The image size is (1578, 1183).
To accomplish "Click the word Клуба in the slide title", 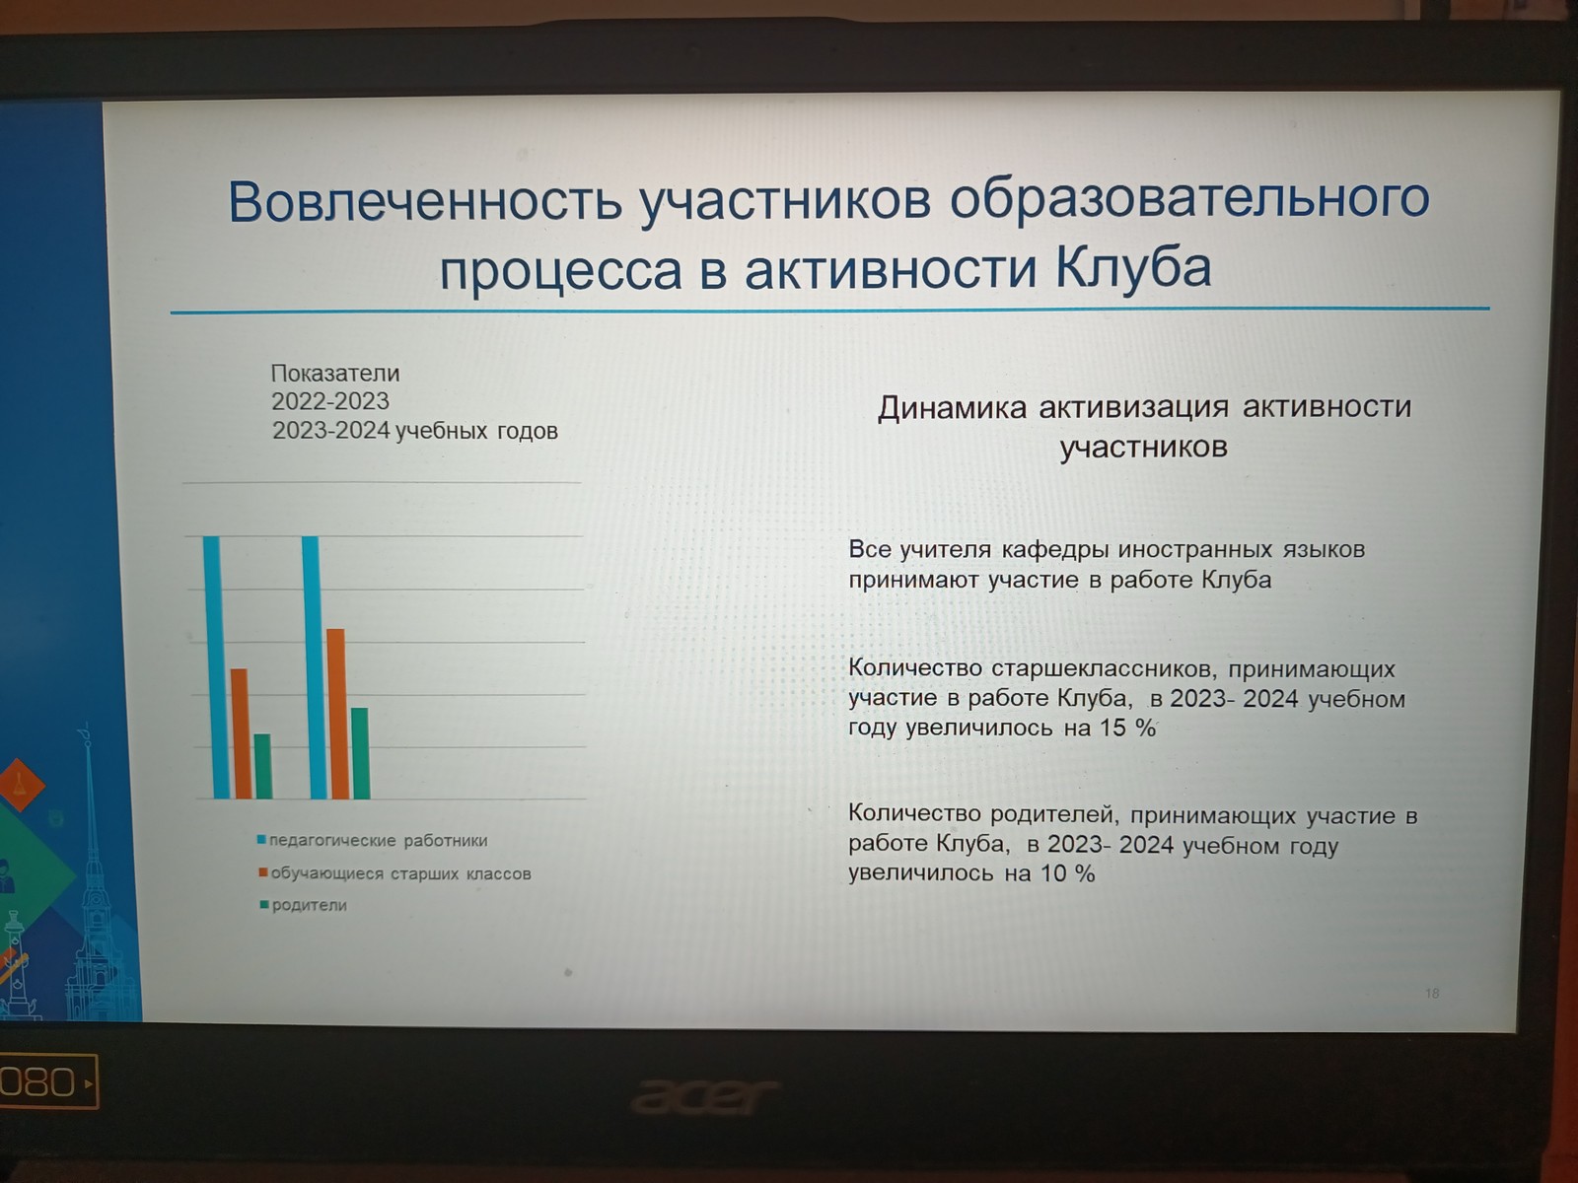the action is coord(1134,268).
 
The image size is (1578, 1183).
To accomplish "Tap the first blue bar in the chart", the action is coord(216,667).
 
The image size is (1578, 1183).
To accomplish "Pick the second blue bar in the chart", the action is coord(315,667).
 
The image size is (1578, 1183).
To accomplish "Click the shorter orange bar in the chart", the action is coord(241,734).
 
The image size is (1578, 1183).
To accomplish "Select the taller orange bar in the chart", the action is coord(337,714).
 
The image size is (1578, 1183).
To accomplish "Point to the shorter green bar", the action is coord(263,766).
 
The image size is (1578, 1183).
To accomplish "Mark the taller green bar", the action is coord(360,753).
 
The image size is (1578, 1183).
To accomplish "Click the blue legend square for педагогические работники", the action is coord(261,840).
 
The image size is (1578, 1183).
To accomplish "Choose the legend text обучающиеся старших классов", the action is coord(401,873).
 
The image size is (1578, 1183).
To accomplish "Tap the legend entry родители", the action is coord(309,905).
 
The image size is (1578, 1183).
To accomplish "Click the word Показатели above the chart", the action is coord(335,374).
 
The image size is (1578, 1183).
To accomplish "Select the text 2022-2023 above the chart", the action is coord(330,401).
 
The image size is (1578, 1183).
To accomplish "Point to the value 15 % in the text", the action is coord(1127,729).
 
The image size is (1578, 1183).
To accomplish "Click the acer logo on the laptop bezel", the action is coord(704,1096).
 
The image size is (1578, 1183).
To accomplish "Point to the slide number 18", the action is coord(1431,994).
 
